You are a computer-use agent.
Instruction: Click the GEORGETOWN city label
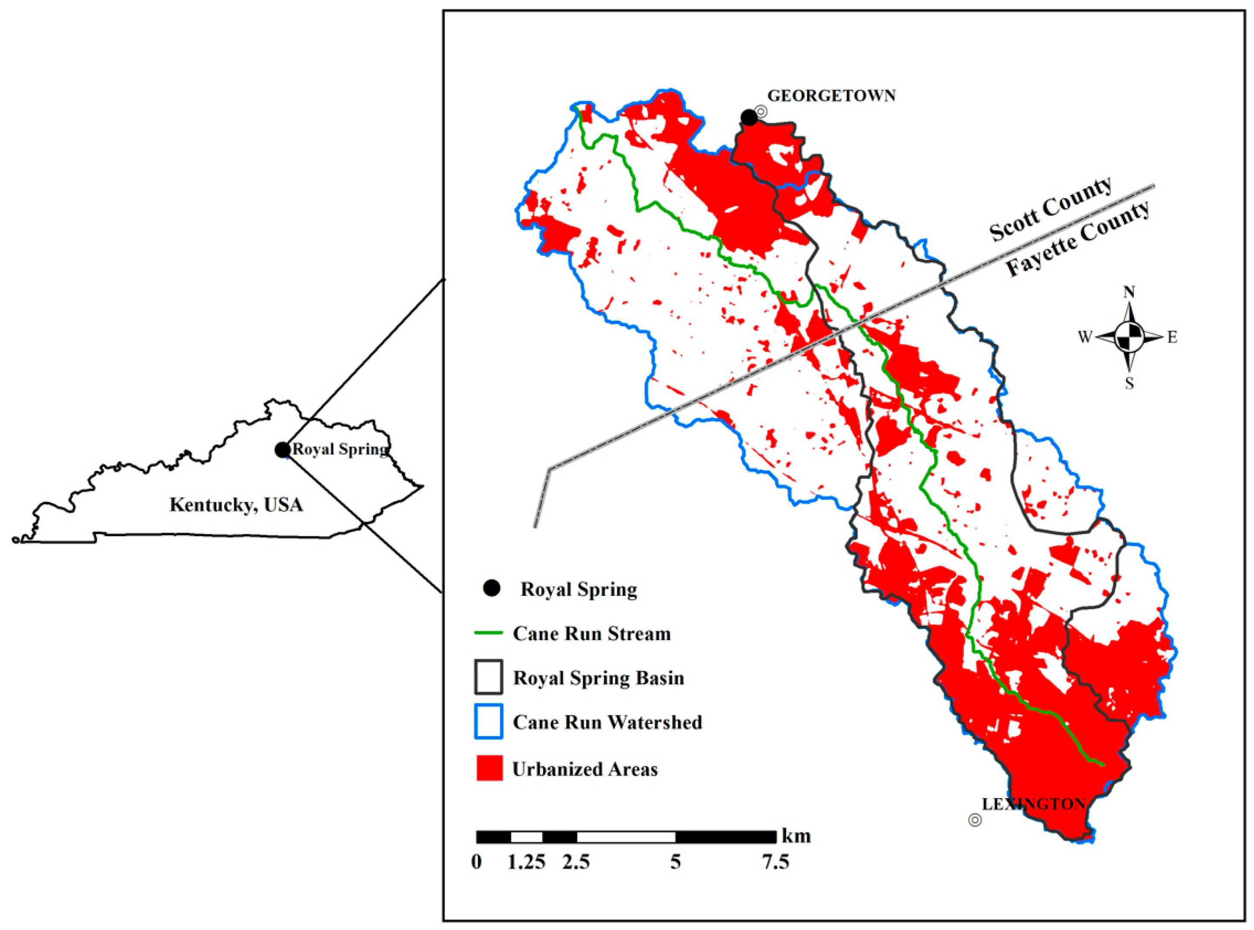pos(831,96)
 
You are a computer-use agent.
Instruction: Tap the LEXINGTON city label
pos(1033,804)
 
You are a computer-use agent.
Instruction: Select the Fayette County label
pos(1078,239)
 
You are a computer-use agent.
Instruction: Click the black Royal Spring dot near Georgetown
pos(749,118)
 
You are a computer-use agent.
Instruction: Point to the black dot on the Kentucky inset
pos(282,450)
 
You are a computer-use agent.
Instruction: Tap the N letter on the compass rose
pos(1129,291)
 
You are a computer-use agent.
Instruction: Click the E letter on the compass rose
pos(1172,337)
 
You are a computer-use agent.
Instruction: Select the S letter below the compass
pos(1129,384)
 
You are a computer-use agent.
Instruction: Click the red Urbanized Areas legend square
pos(489,769)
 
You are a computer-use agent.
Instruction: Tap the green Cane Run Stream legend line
pos(489,633)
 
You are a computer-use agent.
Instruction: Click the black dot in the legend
pos(491,589)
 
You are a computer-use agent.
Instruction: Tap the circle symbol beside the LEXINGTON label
pos(975,820)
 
